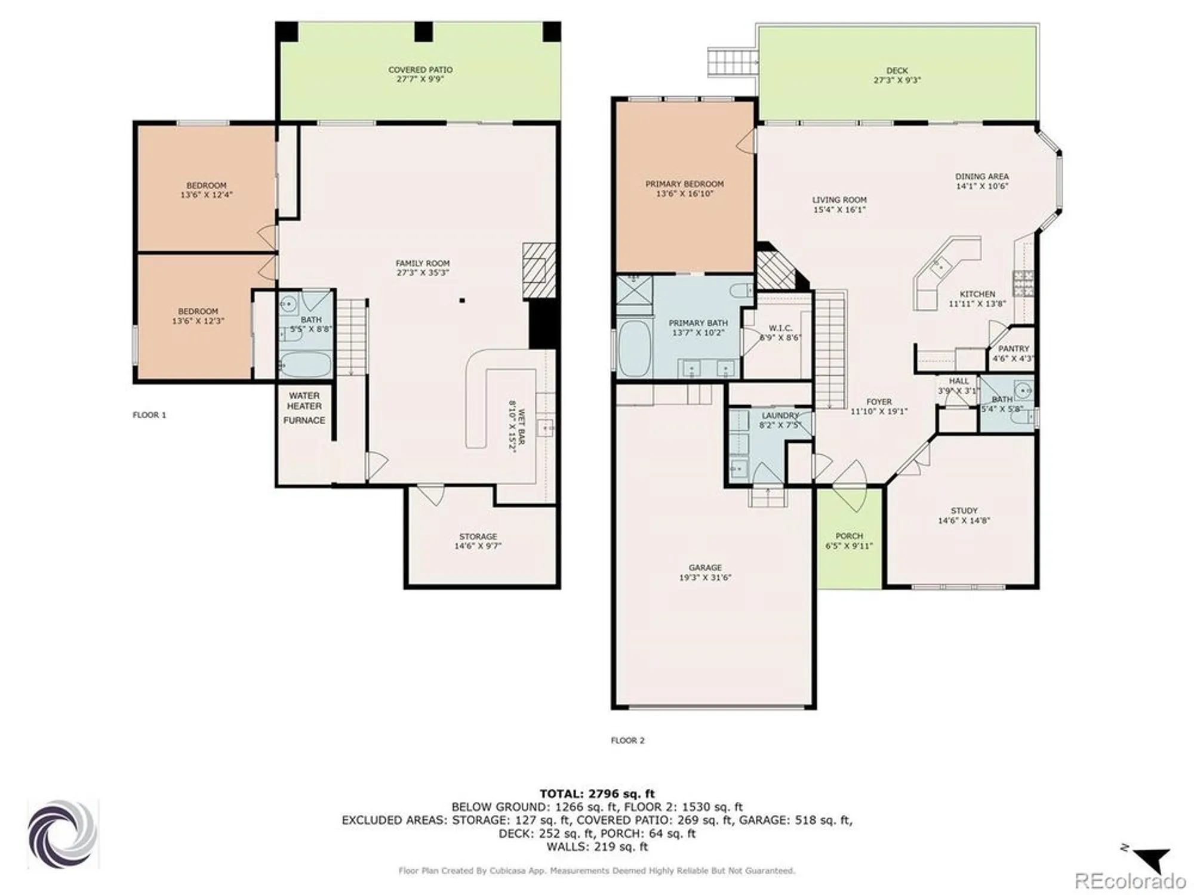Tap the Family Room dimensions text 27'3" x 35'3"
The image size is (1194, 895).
click(422, 273)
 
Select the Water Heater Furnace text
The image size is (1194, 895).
click(304, 408)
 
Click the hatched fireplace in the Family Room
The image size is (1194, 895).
click(538, 270)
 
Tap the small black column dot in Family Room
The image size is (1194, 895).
click(461, 301)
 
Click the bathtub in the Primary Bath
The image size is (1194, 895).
click(633, 348)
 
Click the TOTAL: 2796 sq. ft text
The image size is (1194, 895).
click(597, 794)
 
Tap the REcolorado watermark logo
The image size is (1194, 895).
click(1130, 881)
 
